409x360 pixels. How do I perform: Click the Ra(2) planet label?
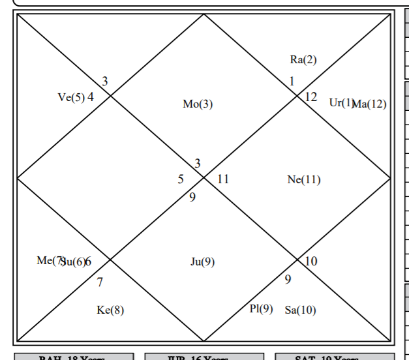coord(303,60)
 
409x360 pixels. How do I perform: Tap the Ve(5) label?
coord(71,98)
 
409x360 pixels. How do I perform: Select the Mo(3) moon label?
coord(198,104)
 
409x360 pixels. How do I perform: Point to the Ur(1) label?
coord(341,103)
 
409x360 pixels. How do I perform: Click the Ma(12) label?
coord(370,104)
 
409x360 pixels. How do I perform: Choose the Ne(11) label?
coord(304,180)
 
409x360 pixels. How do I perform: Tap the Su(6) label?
coord(72,262)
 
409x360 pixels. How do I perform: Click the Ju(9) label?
coord(202,262)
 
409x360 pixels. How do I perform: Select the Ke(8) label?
coord(110,310)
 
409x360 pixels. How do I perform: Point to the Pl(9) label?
coord(261,309)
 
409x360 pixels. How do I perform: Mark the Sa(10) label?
coord(300,310)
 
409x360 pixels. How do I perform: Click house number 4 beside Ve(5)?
coord(91,97)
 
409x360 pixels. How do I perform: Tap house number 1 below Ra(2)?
coord(292,82)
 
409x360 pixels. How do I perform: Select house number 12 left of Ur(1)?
coord(311,97)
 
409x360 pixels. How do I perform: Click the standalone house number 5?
coord(181,179)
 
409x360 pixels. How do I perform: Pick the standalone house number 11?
coord(223,179)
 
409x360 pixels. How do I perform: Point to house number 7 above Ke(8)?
coord(100,283)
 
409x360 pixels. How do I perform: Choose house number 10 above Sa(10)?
coord(311,262)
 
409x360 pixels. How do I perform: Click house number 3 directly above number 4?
coord(104,82)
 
